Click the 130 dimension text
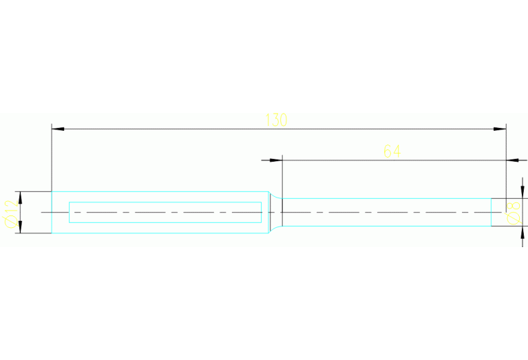pyautogui.click(x=276, y=120)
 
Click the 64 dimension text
pyautogui.click(x=392, y=151)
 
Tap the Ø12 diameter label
pyautogui.click(x=12, y=214)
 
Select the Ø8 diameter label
pyautogui.click(x=514, y=213)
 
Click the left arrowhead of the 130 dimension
pyautogui.click(x=58, y=129)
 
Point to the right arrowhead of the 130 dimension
pyautogui.click(x=500, y=129)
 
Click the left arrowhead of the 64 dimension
pyautogui.click(x=276, y=160)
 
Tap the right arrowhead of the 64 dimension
pyautogui.click(x=512, y=160)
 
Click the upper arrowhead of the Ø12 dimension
pyautogui.click(x=20, y=198)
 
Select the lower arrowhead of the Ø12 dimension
pyautogui.click(x=20, y=227)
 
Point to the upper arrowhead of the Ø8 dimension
pyautogui.click(x=522, y=192)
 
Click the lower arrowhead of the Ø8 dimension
pyautogui.click(x=522, y=232)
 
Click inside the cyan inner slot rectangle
pyautogui.click(x=165, y=212)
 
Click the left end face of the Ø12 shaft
pyautogui.click(x=52, y=212)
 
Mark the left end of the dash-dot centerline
pyautogui.click(x=41, y=212)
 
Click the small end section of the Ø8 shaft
pyautogui.click(x=498, y=212)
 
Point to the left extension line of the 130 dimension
pyautogui.click(x=52, y=158)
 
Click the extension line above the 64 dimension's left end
pyautogui.click(x=282, y=177)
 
